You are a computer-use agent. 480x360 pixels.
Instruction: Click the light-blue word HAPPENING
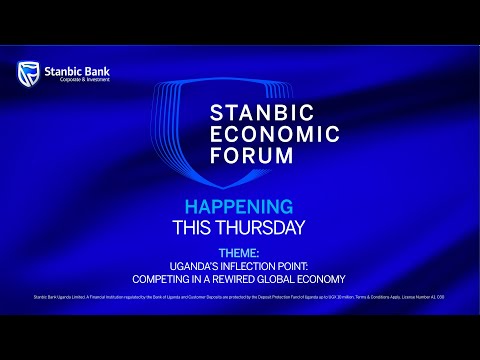click(x=239, y=207)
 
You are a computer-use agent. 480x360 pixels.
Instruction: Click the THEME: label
click(x=239, y=254)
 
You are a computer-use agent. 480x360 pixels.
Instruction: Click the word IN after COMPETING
click(x=194, y=278)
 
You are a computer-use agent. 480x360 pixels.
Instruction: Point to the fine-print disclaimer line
click(x=240, y=297)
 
